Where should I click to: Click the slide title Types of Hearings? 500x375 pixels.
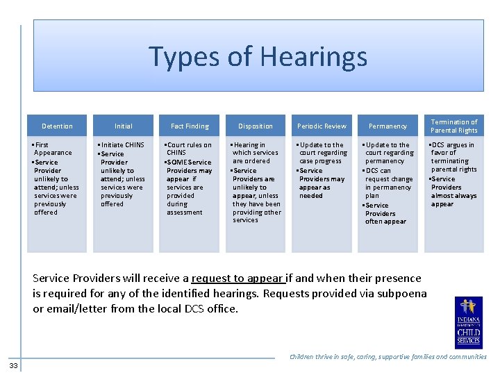coord(258,56)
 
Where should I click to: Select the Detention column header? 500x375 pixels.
coord(57,126)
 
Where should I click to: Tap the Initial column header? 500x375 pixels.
coord(123,126)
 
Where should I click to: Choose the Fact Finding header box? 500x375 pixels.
coord(190,126)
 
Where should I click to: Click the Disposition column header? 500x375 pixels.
coord(256,126)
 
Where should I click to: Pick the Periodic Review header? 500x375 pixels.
coord(322,126)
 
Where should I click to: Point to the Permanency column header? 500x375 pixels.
coord(387,126)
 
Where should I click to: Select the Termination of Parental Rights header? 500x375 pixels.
coord(454,126)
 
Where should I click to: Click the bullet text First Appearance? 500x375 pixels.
coord(53,149)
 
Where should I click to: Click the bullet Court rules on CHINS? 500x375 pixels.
coord(188,149)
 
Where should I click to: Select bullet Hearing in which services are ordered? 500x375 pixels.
coord(255,153)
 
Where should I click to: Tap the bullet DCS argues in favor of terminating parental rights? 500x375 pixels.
coord(453,157)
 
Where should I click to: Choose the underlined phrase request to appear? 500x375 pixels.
coord(237,278)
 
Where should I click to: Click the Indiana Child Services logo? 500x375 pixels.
coord(467,322)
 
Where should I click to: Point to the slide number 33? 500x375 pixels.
coord(14,365)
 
